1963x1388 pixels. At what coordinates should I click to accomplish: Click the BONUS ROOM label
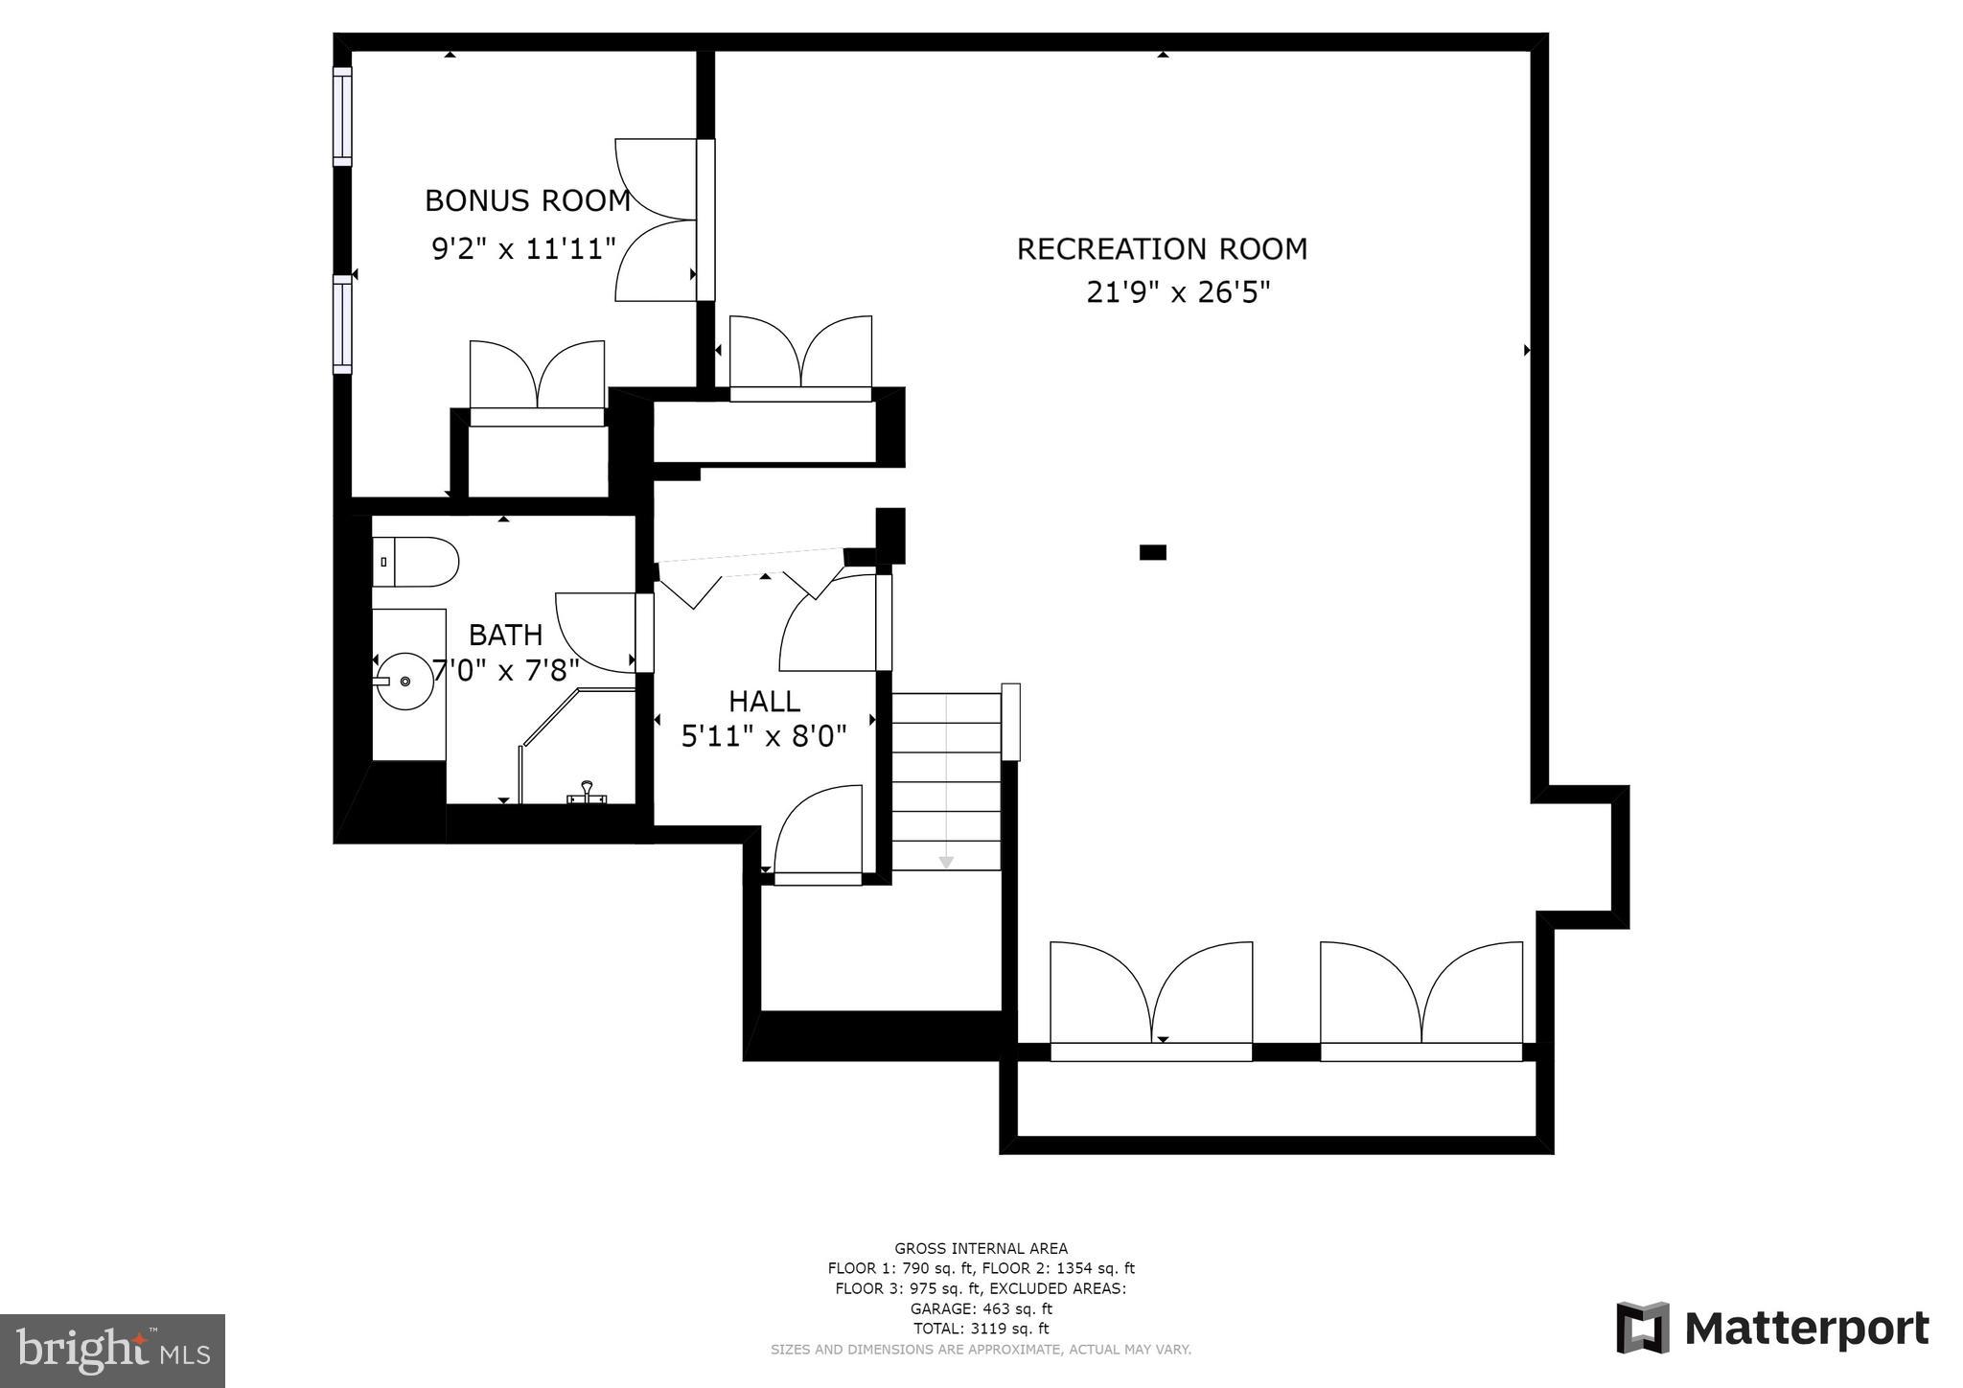coord(527,200)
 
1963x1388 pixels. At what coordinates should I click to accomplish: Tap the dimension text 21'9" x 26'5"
coord(1178,291)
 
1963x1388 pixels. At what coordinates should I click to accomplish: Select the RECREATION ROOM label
coord(1162,249)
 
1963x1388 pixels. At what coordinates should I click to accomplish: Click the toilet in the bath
coord(416,562)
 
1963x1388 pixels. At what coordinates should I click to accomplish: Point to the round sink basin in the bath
coord(404,681)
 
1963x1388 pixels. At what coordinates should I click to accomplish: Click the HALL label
coord(764,702)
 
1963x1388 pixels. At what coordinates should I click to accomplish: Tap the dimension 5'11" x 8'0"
coord(764,736)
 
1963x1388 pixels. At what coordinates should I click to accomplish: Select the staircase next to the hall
coord(946,781)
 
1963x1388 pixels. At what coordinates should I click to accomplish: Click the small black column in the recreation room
coord(1152,552)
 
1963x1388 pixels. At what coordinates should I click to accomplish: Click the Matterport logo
coord(1772,1329)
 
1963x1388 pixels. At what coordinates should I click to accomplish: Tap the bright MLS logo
coord(112,1351)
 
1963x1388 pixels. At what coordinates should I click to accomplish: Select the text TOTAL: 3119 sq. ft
coord(981,1329)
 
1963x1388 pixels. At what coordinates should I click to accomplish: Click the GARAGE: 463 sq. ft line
coord(981,1308)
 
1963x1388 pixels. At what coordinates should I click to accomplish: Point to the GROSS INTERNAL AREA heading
coord(981,1248)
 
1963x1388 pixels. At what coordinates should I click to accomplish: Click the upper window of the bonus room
coord(342,115)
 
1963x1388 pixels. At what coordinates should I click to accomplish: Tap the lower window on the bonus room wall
coord(342,323)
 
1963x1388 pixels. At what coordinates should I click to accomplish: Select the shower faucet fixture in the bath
coord(587,793)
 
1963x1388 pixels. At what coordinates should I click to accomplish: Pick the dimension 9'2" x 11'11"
coord(523,249)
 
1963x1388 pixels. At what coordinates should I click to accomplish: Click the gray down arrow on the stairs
coord(946,863)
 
